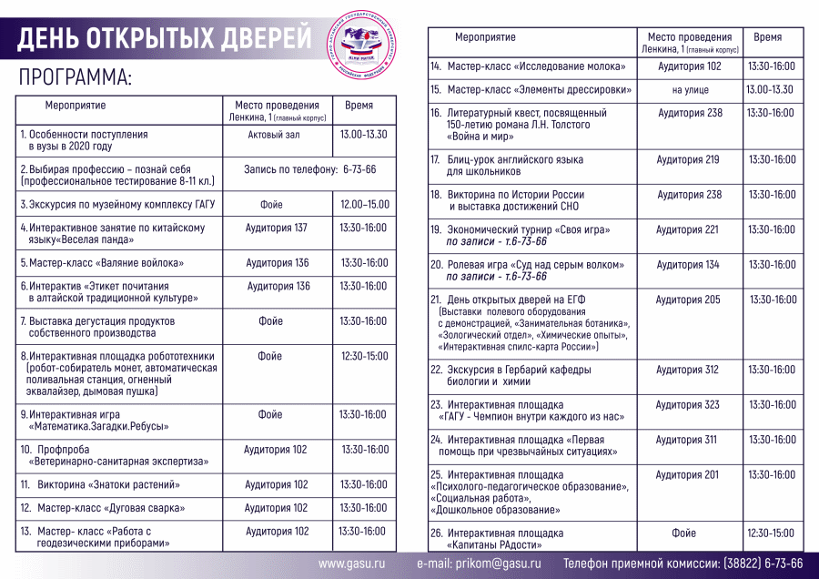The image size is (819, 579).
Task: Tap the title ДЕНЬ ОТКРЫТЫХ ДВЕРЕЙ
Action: coord(164,38)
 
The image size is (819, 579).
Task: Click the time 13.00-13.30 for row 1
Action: coord(363,135)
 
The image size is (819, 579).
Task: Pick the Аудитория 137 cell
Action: coord(277,228)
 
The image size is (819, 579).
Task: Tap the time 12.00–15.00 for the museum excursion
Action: coord(364,205)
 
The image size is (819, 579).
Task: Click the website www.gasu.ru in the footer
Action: coord(352,564)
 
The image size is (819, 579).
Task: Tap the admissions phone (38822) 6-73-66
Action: coord(763,564)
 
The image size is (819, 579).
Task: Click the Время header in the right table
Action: coord(768,38)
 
